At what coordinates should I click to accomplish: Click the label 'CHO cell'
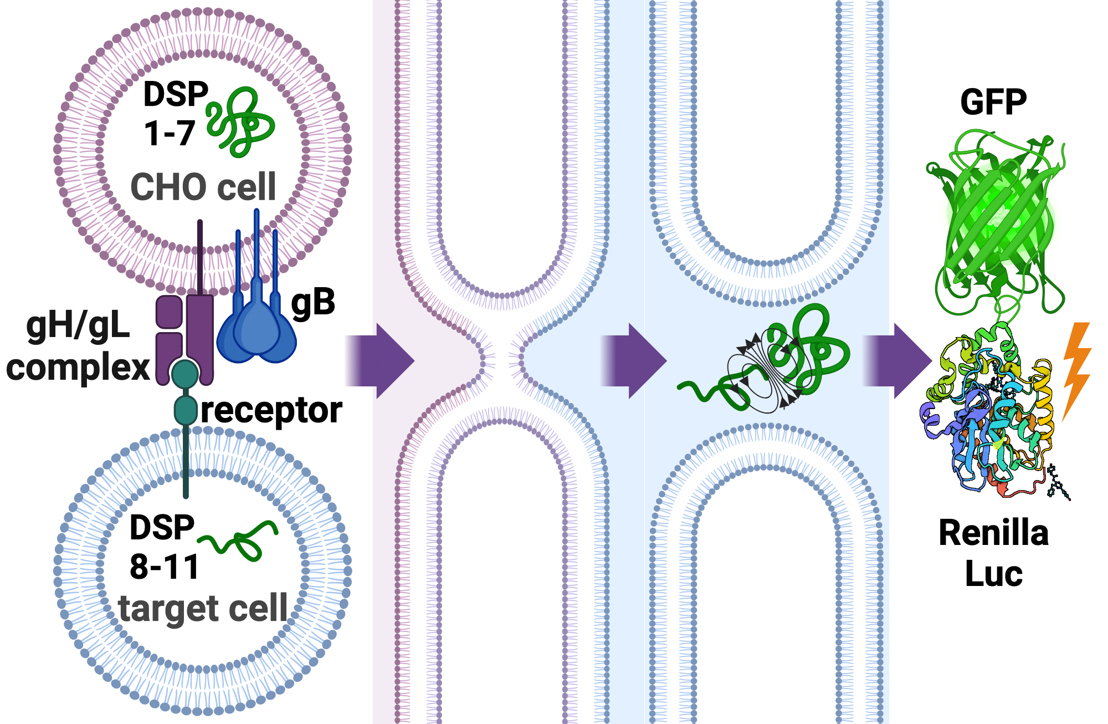(203, 187)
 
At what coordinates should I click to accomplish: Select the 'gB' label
(313, 303)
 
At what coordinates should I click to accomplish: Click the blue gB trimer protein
(257, 327)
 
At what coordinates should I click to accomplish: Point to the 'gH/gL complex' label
(78, 346)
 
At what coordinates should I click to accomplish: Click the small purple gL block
(169, 312)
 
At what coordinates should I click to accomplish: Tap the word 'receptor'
(271, 410)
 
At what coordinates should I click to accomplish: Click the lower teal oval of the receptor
(186, 410)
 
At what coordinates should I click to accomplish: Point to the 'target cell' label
(203, 609)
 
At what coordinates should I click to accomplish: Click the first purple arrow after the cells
(382, 361)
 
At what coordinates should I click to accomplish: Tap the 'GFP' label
(993, 102)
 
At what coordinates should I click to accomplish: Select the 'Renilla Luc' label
(993, 553)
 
